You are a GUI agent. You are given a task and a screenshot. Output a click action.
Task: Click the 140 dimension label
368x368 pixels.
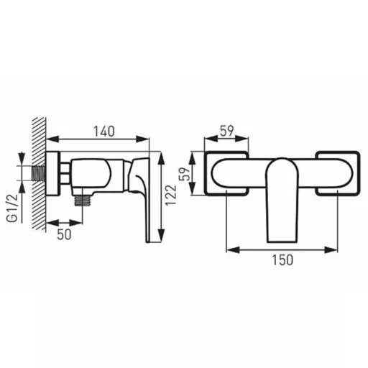pyautogui.click(x=103, y=132)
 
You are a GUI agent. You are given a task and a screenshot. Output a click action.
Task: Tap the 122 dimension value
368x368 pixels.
pyautogui.click(x=171, y=195)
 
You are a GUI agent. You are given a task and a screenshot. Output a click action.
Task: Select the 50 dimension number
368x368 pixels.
pyautogui.click(x=64, y=234)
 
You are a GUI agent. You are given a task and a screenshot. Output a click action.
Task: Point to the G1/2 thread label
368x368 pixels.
pyautogui.click(x=12, y=208)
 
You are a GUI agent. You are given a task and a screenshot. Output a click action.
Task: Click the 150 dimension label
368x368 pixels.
pyautogui.click(x=282, y=260)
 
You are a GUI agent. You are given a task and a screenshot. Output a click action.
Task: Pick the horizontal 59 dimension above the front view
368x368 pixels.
pyautogui.click(x=226, y=131)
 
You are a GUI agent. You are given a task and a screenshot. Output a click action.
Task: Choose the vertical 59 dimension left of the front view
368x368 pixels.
pyautogui.click(x=185, y=173)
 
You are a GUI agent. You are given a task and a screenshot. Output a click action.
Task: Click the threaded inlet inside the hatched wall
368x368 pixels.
pyautogui.click(x=38, y=173)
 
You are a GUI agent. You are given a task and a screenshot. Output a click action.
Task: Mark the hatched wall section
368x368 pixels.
pyautogui.click(x=39, y=174)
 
